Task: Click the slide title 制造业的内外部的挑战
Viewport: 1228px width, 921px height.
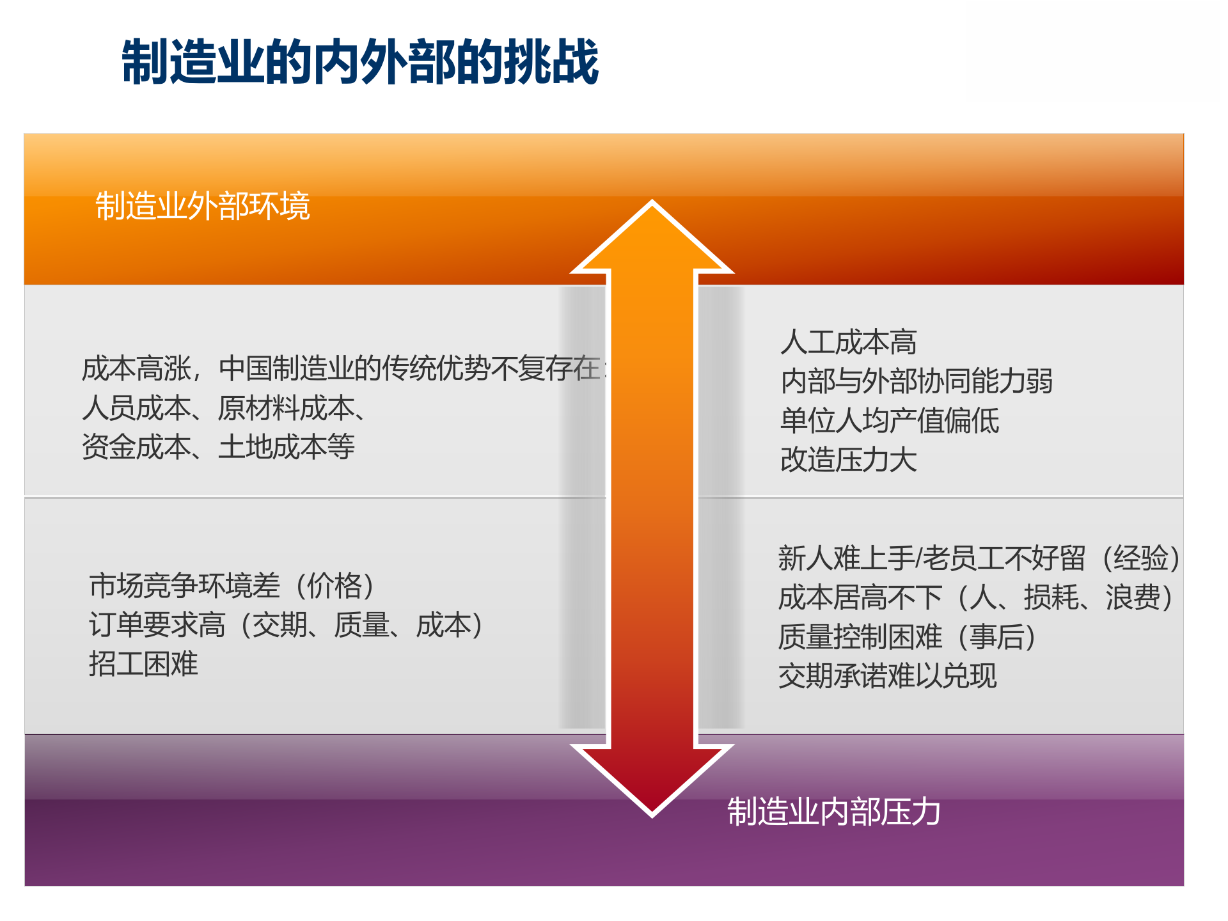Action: pos(360,62)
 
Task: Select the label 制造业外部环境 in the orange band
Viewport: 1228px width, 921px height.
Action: pos(203,206)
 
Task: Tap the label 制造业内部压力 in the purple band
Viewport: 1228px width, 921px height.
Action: pos(833,812)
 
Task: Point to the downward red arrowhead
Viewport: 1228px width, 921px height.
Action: pos(652,777)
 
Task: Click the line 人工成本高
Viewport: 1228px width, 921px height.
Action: pos(848,342)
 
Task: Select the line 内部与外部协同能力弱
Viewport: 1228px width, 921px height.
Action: pos(916,381)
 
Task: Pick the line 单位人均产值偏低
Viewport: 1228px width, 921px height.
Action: pos(889,421)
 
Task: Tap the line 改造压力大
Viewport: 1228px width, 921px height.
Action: pos(848,460)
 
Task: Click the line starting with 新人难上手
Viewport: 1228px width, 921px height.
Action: pos(979,558)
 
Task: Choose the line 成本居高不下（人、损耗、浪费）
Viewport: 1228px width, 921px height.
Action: pos(975,598)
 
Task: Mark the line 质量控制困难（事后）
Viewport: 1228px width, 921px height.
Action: pos(906,637)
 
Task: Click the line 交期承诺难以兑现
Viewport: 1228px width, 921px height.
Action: pos(887,676)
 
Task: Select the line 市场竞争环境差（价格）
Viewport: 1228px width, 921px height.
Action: pos(232,586)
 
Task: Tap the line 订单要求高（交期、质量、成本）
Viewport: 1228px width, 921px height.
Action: pos(285,625)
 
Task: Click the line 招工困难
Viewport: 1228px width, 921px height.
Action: pos(143,664)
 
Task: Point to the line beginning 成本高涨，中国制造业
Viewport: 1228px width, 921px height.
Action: pos(342,368)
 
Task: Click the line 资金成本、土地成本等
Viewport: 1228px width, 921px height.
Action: pos(218,447)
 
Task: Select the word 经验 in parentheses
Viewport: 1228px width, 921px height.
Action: pos(1141,558)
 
